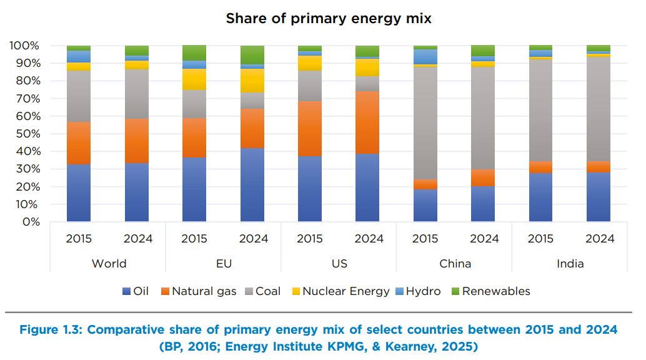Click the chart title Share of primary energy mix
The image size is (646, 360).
(x=329, y=18)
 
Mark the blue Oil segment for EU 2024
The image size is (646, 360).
(x=252, y=185)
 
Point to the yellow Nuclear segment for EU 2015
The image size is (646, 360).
(x=194, y=79)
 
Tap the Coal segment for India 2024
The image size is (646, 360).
(x=599, y=109)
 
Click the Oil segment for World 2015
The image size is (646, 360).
(x=79, y=193)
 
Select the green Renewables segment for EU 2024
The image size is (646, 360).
(x=252, y=54)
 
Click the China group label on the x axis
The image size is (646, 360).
(x=455, y=263)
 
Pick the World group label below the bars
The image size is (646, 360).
(x=109, y=263)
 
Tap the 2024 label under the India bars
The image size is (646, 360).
(x=599, y=239)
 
